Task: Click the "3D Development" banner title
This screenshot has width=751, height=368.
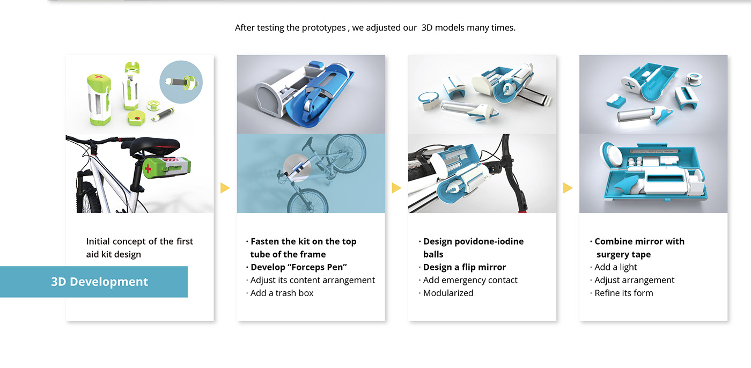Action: (99, 282)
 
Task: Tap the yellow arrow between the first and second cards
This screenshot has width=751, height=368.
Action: (225, 188)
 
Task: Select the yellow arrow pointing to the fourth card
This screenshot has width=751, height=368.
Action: (568, 188)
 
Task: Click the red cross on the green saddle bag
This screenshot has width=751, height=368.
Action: (148, 168)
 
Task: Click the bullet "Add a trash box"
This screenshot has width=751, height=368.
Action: (279, 293)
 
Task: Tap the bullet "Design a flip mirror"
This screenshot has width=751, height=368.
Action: (462, 267)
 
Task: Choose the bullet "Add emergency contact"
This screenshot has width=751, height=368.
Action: (468, 280)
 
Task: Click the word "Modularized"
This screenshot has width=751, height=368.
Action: (448, 293)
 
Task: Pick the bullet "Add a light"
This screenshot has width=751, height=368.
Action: (613, 267)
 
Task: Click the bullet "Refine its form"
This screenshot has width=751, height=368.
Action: (621, 293)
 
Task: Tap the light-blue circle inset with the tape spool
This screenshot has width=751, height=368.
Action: (181, 82)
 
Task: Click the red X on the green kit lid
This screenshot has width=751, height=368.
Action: (99, 77)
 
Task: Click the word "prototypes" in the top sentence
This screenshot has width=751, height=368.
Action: (323, 28)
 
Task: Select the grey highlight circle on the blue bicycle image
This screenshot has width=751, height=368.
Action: (297, 167)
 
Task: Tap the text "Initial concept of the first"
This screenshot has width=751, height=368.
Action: (139, 241)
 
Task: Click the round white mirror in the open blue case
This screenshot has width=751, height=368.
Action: (613, 154)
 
